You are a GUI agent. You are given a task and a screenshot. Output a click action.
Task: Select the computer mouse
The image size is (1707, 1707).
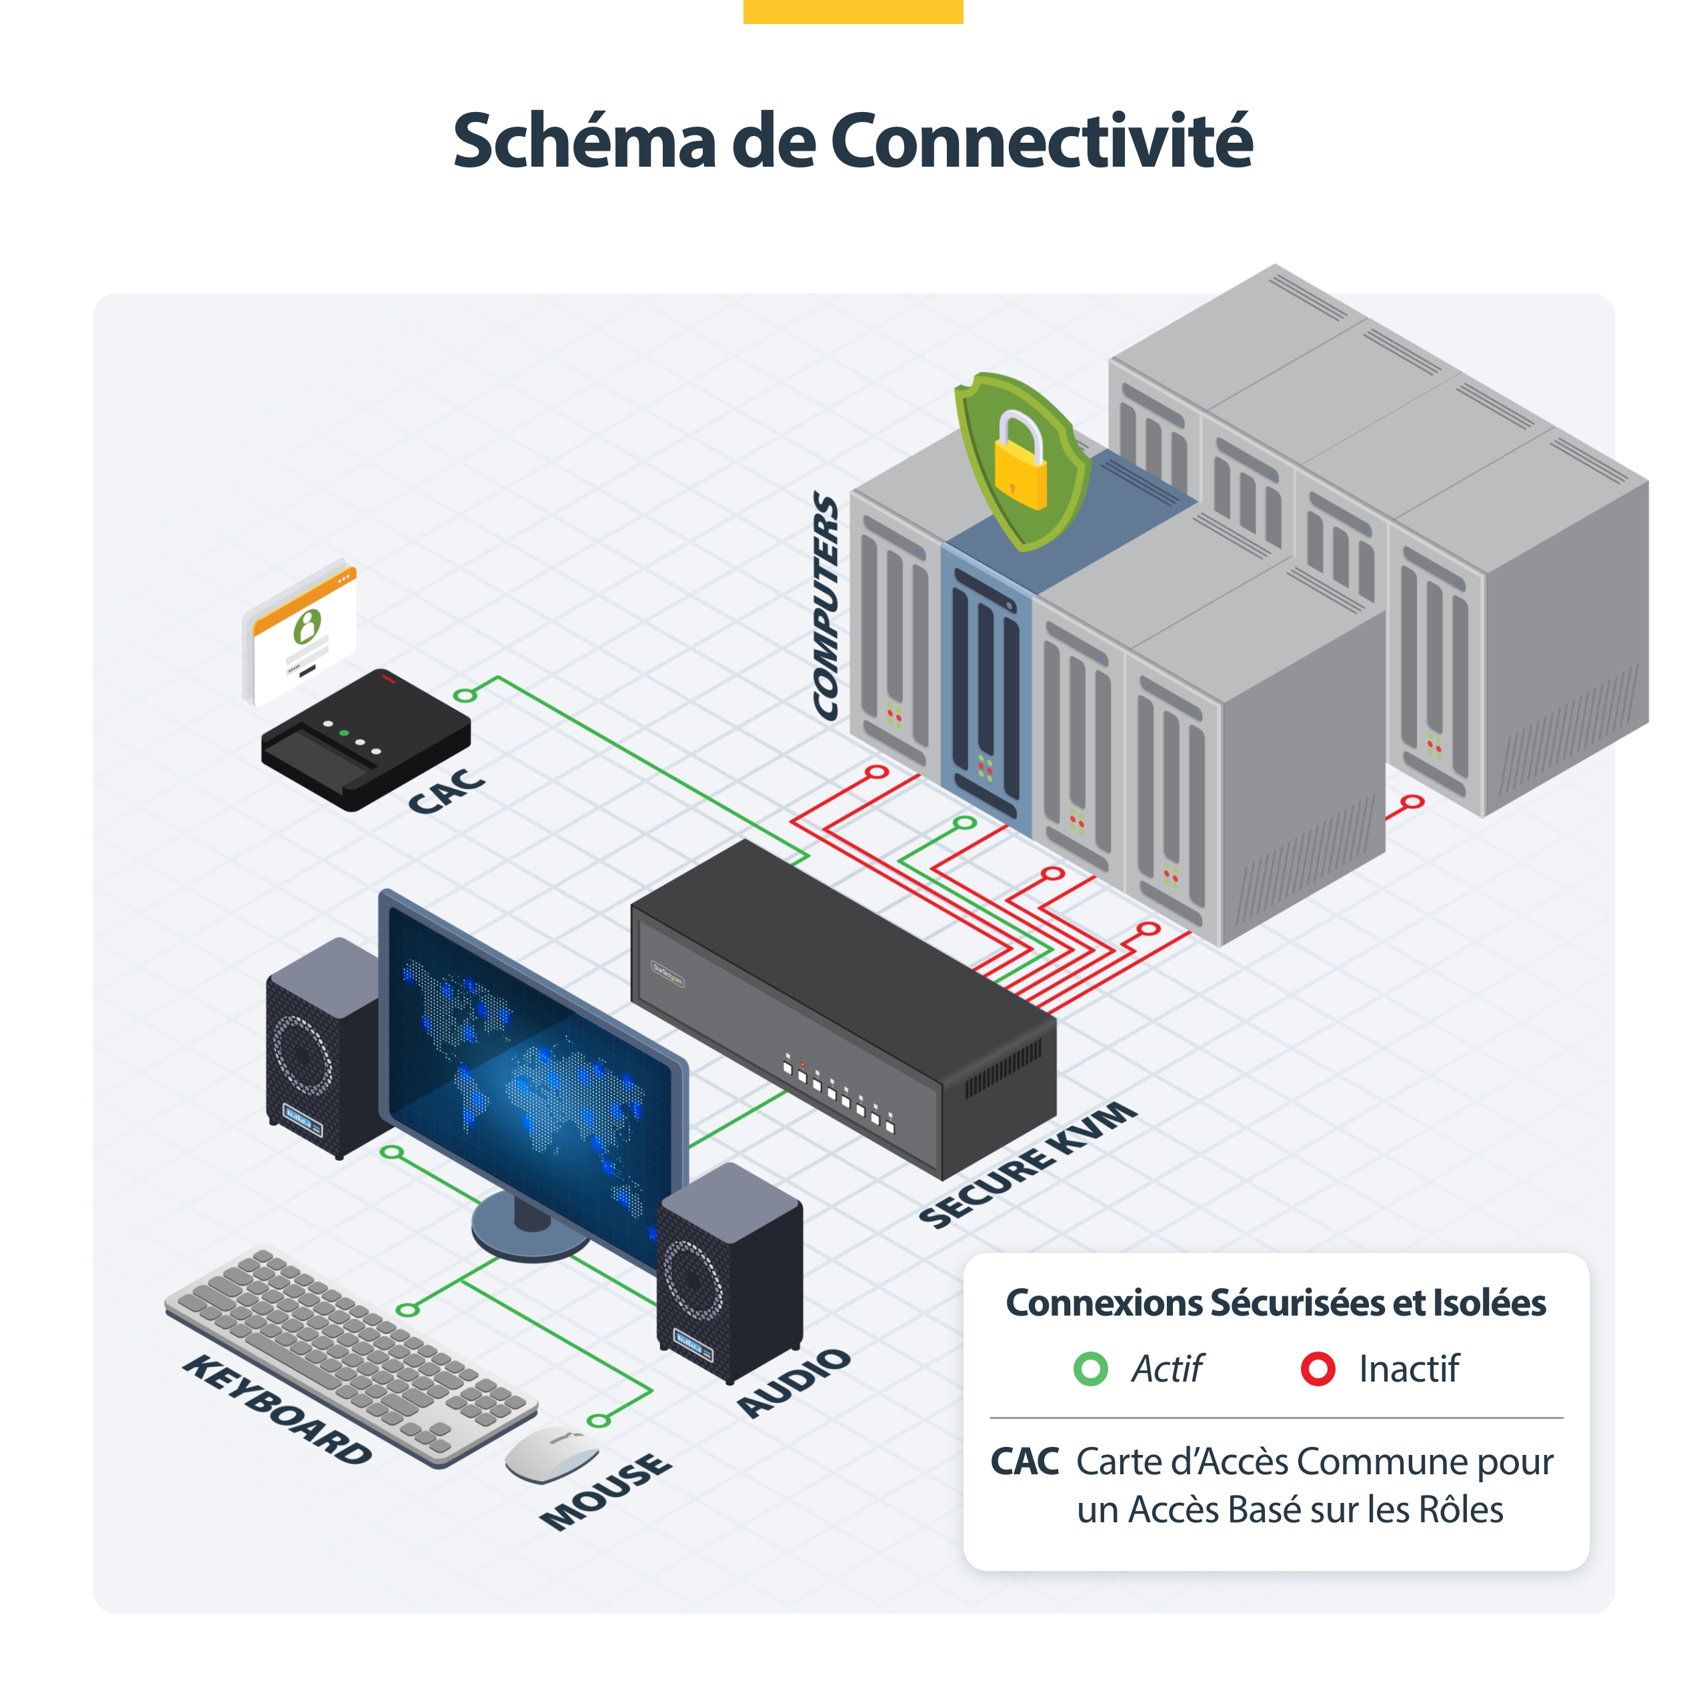point(551,1454)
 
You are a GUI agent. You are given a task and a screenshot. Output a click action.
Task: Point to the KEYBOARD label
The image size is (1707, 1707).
point(277,1410)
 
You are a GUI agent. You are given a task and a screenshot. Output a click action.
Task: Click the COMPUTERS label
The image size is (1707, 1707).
point(825,606)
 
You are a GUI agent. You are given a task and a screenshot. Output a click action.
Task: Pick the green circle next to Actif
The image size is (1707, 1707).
point(1090,1369)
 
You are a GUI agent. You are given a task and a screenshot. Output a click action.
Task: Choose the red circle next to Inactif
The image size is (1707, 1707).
point(1318,1369)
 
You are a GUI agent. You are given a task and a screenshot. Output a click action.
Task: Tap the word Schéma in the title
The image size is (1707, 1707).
point(584,141)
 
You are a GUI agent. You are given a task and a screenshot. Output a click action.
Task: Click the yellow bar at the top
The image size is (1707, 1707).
point(853,11)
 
